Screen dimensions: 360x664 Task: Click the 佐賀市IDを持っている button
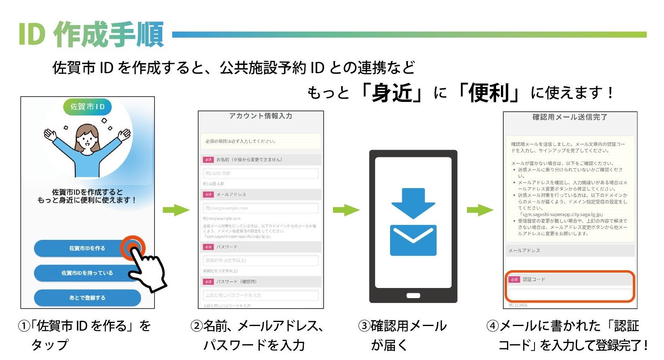[x=87, y=273]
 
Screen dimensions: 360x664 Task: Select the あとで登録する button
[x=87, y=298]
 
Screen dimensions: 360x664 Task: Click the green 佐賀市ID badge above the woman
[x=87, y=107]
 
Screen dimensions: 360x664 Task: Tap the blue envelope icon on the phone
[x=413, y=240]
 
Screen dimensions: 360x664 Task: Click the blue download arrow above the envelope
[x=413, y=202]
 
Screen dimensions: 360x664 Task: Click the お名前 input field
[x=261, y=173]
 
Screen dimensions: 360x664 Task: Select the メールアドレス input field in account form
[x=261, y=208]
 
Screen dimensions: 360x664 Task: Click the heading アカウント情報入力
[x=261, y=116]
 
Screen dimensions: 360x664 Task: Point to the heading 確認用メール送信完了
[x=570, y=117]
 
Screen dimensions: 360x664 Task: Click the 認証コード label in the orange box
[x=534, y=280]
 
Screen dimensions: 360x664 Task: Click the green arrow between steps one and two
[x=176, y=210]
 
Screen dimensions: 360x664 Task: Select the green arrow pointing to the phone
[x=346, y=210]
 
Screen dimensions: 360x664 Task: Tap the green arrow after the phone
[x=480, y=210]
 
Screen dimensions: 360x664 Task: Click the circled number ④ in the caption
[x=492, y=326]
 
